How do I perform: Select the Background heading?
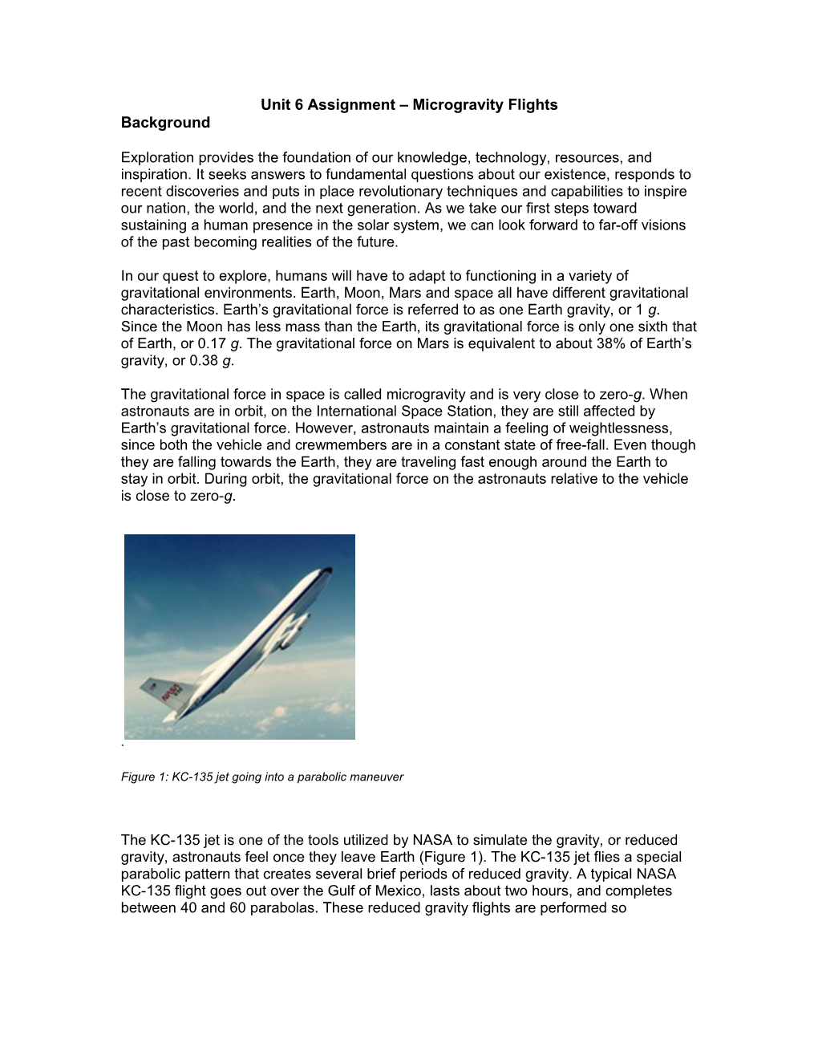[x=165, y=123]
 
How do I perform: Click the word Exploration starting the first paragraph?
[x=157, y=158]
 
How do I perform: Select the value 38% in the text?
[x=591, y=343]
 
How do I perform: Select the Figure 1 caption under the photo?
[x=261, y=777]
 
